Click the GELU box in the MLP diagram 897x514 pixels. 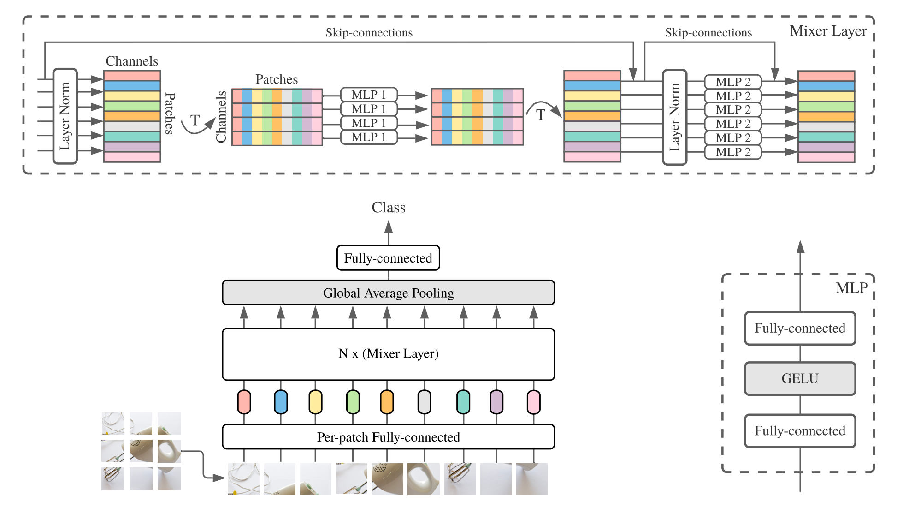(800, 378)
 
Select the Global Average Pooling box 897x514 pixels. (388, 293)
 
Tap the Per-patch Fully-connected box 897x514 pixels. (388, 436)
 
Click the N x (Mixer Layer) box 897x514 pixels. (388, 354)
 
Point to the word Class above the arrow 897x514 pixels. (389, 207)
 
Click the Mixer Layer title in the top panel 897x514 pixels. (828, 31)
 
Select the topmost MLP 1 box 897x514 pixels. (369, 95)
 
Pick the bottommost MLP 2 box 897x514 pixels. (733, 152)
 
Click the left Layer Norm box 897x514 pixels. (65, 116)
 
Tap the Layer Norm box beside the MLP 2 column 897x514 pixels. (674, 117)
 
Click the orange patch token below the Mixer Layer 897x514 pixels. (387, 402)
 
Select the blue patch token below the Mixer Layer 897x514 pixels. (281, 402)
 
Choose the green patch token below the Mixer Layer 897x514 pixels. (353, 402)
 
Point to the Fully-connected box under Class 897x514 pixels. (388, 258)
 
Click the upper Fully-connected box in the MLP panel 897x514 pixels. (800, 328)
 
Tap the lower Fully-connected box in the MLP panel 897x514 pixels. (800, 431)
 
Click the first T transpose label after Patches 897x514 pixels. (195, 120)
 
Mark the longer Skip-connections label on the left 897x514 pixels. (369, 32)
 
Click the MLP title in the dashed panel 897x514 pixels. (852, 288)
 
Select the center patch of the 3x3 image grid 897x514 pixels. (141, 451)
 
